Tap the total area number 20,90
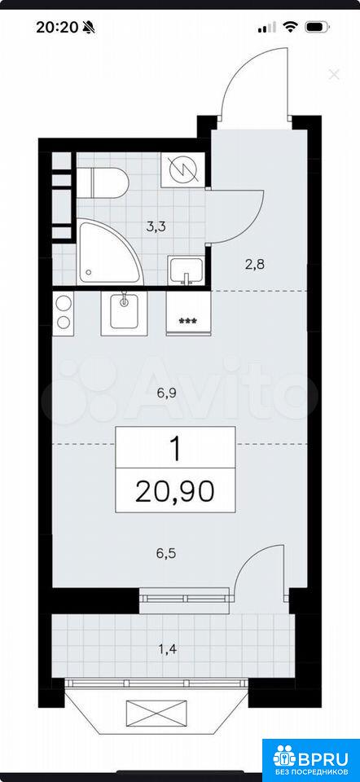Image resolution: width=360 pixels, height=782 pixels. tap(174, 491)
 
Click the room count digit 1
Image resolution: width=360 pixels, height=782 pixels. tap(174, 448)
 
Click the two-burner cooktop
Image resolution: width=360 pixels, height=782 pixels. tap(64, 312)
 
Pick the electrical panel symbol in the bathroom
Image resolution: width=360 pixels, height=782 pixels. tap(182, 170)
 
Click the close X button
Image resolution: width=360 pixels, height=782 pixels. tap(334, 75)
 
